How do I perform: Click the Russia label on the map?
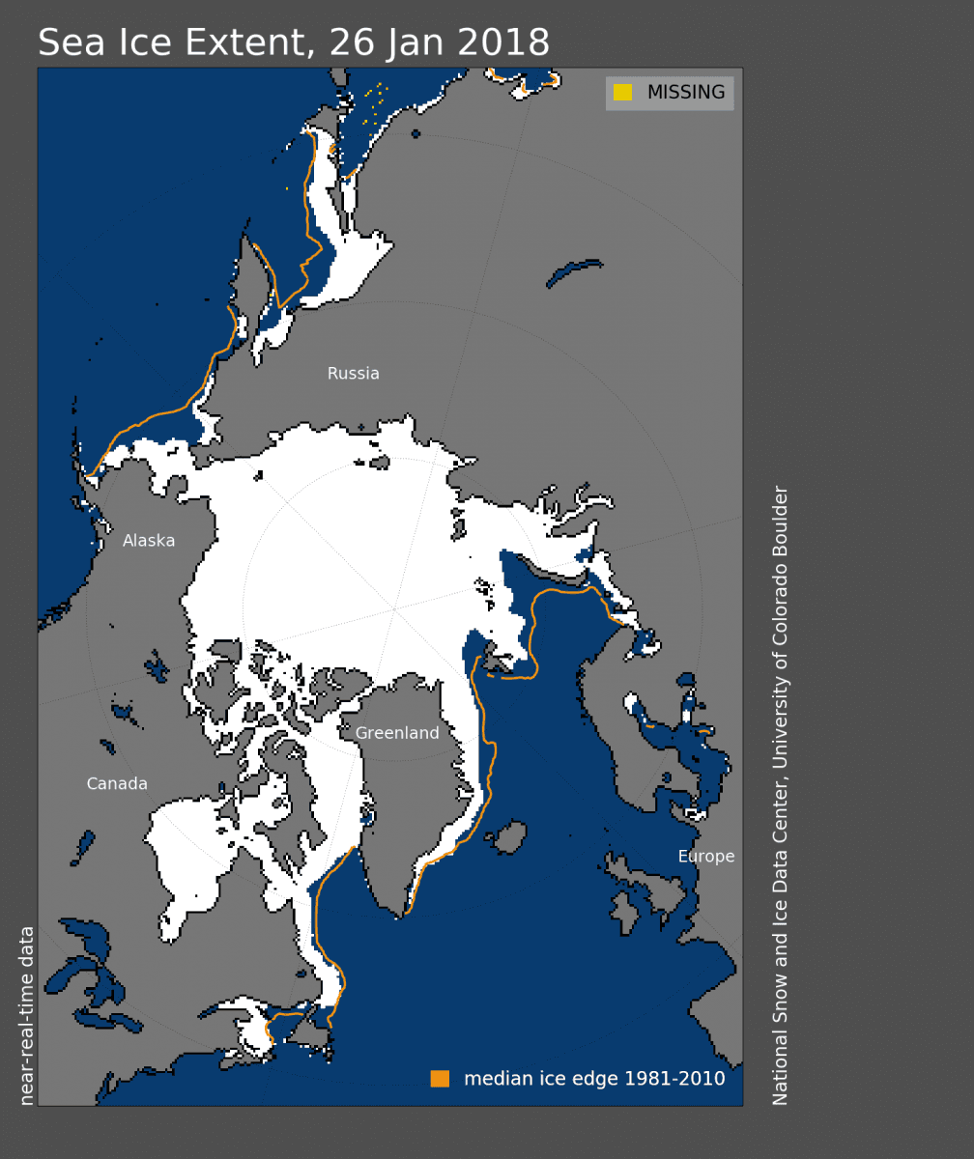353,374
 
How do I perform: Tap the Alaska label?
149,541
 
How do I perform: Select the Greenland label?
397,733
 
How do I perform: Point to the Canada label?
117,784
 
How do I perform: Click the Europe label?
706,857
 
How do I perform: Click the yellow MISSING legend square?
623,93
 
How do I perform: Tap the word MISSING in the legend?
686,93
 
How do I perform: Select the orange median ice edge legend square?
440,1079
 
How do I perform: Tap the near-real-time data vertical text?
27,1015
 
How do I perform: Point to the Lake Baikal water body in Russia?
574,273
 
